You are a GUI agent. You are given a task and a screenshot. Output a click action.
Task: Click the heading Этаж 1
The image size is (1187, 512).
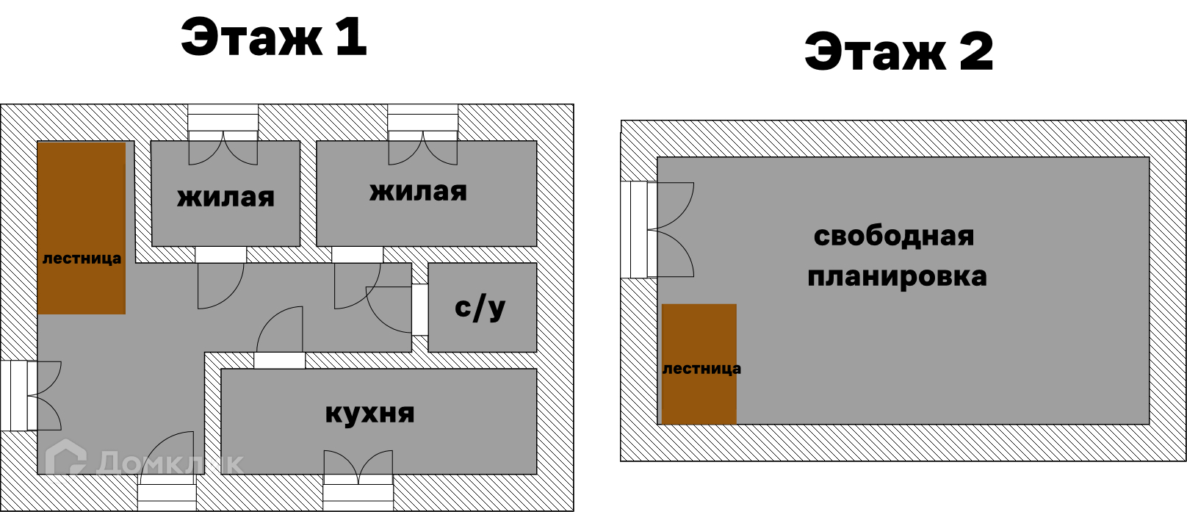tap(273, 37)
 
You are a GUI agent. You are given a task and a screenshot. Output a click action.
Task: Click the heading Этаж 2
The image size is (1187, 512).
tap(898, 51)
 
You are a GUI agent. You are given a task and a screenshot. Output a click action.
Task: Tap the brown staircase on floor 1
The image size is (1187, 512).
tap(82, 228)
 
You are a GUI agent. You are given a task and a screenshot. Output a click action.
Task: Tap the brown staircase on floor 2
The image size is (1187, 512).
tap(699, 364)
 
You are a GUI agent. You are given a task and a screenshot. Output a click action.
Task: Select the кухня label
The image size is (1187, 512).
tap(369, 414)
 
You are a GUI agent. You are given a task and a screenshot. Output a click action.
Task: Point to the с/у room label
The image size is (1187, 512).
tap(480, 308)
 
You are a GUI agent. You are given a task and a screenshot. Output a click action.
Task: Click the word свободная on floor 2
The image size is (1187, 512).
tap(893, 236)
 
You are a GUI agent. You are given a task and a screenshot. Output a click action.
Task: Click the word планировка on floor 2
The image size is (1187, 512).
tap(897, 277)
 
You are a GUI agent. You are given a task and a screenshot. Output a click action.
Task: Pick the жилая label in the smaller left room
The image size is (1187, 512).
tap(226, 197)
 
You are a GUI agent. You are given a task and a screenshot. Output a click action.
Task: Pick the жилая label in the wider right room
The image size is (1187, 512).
tap(418, 192)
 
